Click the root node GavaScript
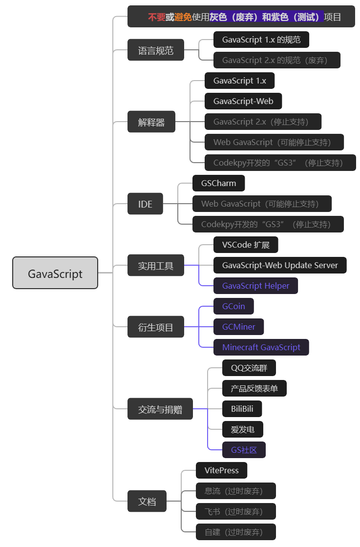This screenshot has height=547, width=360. [55, 273]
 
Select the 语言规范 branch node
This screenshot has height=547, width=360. [156, 50]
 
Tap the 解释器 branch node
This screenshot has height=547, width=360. [151, 122]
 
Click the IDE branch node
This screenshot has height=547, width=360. [145, 204]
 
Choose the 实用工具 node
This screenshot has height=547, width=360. [156, 266]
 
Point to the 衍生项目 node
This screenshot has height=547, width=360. [156, 327]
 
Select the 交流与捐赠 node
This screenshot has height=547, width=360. [160, 409]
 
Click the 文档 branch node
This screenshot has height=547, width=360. [147, 501]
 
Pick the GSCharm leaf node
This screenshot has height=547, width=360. [218, 183]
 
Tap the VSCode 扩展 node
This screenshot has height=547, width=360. [246, 245]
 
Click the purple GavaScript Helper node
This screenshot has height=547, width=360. [255, 286]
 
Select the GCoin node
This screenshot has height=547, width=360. [233, 306]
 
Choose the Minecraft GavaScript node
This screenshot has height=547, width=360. [261, 347]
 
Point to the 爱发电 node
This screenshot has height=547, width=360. [242, 429]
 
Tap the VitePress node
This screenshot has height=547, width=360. [222, 470]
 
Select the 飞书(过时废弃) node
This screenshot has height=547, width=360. [236, 511]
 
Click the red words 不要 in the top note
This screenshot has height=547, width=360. [156, 17]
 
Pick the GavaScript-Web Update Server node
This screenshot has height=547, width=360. [280, 265]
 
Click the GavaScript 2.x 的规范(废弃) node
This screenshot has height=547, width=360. [277, 60]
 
